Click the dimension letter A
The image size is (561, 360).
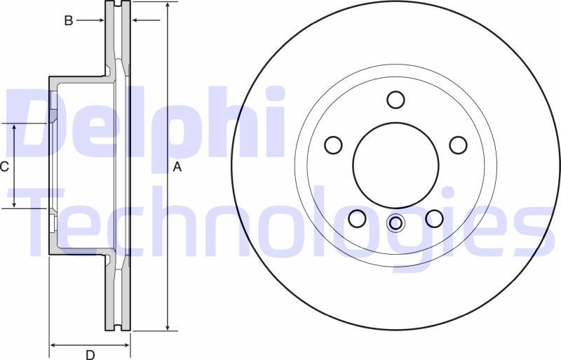click(177, 167)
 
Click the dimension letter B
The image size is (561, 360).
click(69, 21)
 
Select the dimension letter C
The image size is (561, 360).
click(4, 166)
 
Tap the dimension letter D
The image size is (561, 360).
click(90, 354)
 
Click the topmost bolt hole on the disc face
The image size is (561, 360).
click(396, 100)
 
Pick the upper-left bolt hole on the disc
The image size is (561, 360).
click(334, 145)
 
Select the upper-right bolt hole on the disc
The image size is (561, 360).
click(458, 145)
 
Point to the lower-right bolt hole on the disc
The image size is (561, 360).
click(434, 218)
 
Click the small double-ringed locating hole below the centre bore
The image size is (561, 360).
click(396, 224)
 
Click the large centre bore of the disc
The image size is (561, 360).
click(396, 166)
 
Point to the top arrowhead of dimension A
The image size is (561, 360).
click(168, 6)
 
